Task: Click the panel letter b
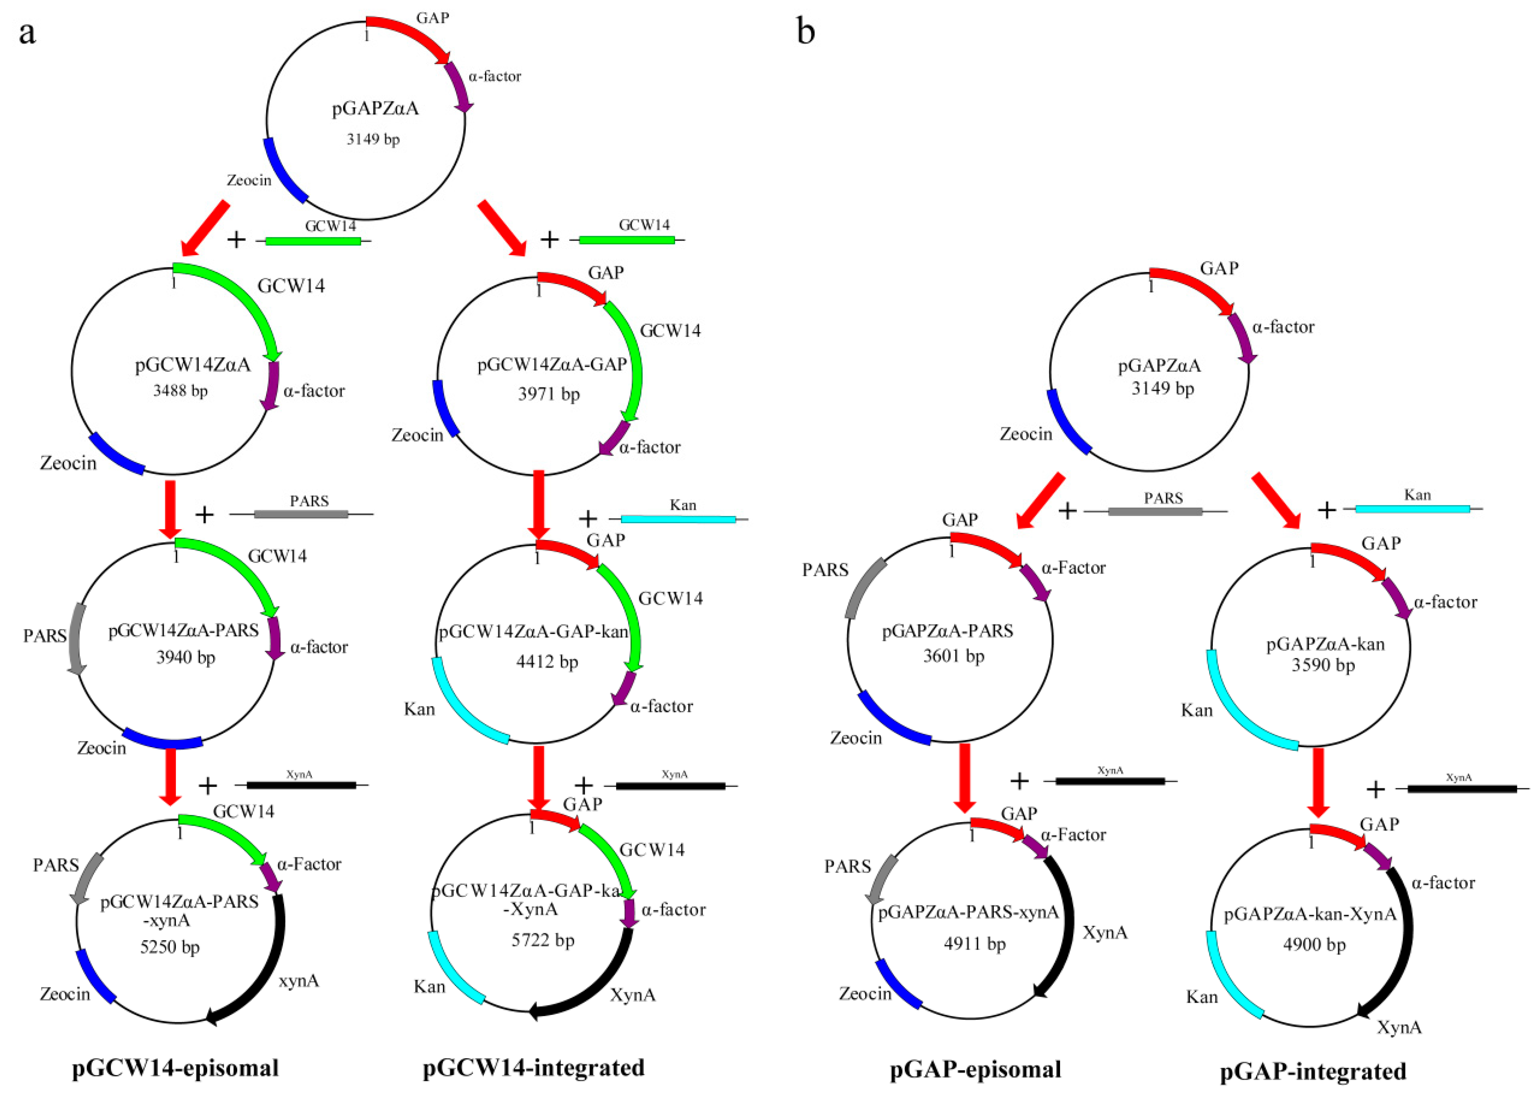(805, 32)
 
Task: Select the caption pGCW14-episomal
(176, 1068)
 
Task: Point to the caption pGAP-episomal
(976, 1069)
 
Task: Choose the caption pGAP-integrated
(1313, 1071)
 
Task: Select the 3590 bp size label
(1323, 665)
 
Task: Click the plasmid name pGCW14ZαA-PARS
(184, 630)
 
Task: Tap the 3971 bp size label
(548, 394)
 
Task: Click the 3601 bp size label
(953, 656)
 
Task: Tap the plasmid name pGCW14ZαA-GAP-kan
(533, 633)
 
